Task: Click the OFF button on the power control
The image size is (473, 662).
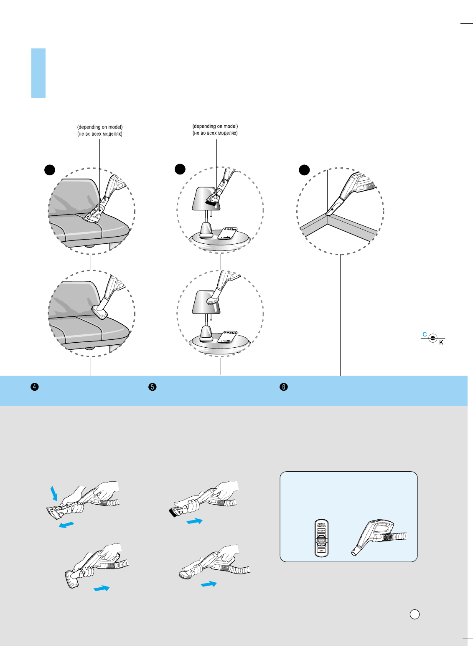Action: [321, 551]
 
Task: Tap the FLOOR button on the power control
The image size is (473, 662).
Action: [321, 531]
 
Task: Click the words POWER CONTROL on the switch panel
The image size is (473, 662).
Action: [321, 525]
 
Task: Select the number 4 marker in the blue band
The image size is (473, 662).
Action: [35, 387]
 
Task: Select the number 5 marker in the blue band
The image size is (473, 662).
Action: [153, 387]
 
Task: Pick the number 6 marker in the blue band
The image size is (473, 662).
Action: [284, 387]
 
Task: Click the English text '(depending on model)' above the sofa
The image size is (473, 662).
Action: [100, 127]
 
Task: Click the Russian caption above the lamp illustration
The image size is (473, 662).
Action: [215, 133]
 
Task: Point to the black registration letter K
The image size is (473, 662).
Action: [441, 343]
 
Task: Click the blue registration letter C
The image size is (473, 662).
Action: [425, 334]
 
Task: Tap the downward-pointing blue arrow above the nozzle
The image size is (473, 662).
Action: [54, 493]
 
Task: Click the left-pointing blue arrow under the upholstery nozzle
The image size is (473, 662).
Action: [66, 525]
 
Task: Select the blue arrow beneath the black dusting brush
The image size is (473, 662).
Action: [194, 521]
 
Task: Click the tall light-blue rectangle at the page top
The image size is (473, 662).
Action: [38, 73]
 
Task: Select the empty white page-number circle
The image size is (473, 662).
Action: [415, 614]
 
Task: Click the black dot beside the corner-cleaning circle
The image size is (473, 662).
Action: [304, 170]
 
